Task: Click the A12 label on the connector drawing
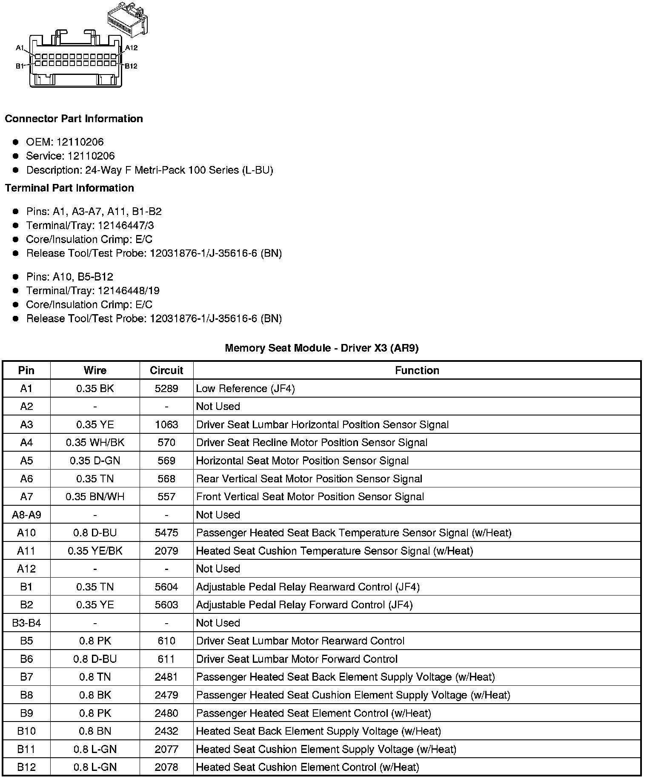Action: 131,48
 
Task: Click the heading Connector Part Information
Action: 74,119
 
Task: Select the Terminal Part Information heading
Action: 69,188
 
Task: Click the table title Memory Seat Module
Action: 321,348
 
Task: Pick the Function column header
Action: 417,370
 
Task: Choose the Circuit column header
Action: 166,370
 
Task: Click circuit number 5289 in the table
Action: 166,388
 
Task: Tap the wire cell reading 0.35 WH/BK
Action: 95,443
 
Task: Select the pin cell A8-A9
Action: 26,515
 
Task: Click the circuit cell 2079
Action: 166,551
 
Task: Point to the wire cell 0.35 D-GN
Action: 95,461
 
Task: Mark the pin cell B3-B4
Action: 26,623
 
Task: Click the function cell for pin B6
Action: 297,659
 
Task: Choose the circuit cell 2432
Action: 166,731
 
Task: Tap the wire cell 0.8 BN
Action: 95,731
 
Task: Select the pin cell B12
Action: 26,767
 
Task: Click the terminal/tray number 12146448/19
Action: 129,291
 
